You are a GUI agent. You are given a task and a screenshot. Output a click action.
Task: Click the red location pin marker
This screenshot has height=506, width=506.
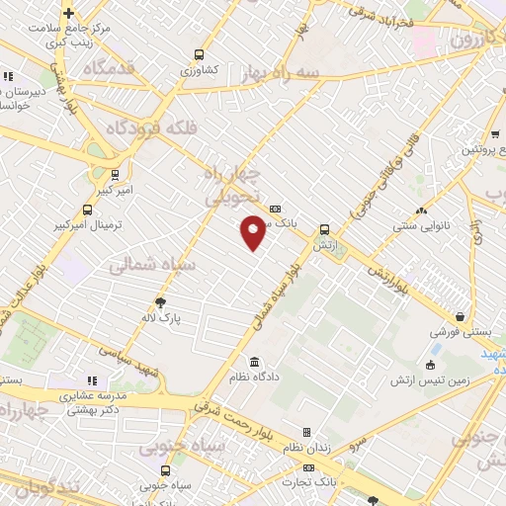coord(253,233)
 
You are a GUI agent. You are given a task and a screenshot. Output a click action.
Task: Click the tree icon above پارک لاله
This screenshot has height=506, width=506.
coord(161,303)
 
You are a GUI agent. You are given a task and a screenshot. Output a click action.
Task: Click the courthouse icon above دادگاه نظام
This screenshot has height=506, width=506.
coord(255,361)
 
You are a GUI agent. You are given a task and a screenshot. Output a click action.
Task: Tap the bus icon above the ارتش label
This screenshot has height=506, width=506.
coord(324,229)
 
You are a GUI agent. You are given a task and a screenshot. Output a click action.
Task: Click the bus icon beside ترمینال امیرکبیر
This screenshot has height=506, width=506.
coord(87,211)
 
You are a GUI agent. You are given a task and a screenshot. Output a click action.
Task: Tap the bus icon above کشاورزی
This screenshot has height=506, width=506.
coord(200,55)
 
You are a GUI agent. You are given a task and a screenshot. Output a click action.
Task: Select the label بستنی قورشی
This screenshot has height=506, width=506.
coord(462,334)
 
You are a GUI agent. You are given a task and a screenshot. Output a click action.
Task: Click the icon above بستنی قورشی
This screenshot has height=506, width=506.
coord(461,317)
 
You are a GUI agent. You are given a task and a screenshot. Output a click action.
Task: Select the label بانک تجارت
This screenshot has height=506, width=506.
coord(305,481)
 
